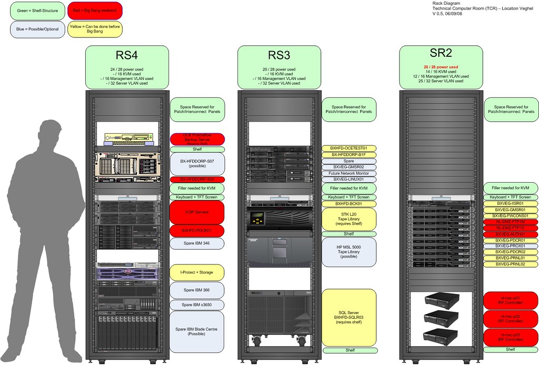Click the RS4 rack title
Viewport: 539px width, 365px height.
tap(127, 55)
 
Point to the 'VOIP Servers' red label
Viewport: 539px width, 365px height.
tap(197, 212)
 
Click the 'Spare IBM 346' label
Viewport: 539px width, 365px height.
tap(197, 243)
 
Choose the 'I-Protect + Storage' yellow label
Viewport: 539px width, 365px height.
tap(197, 272)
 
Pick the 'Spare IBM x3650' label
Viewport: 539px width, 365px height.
tap(197, 305)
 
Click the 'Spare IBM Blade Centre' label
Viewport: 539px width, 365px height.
tap(197, 331)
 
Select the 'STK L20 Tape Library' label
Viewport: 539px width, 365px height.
tap(349, 219)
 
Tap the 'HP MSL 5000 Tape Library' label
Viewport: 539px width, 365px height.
tap(349, 252)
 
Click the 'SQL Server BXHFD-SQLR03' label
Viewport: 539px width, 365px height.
tap(349, 318)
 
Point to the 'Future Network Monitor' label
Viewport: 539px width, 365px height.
tap(349, 173)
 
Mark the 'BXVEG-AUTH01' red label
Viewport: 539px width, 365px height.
tap(511, 234)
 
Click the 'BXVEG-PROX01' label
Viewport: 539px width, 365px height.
tap(511, 246)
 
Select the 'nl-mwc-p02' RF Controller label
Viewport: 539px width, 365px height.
tap(511, 318)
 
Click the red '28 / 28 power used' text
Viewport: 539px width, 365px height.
tap(441, 67)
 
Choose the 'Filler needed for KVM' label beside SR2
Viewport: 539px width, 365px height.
tap(511, 188)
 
